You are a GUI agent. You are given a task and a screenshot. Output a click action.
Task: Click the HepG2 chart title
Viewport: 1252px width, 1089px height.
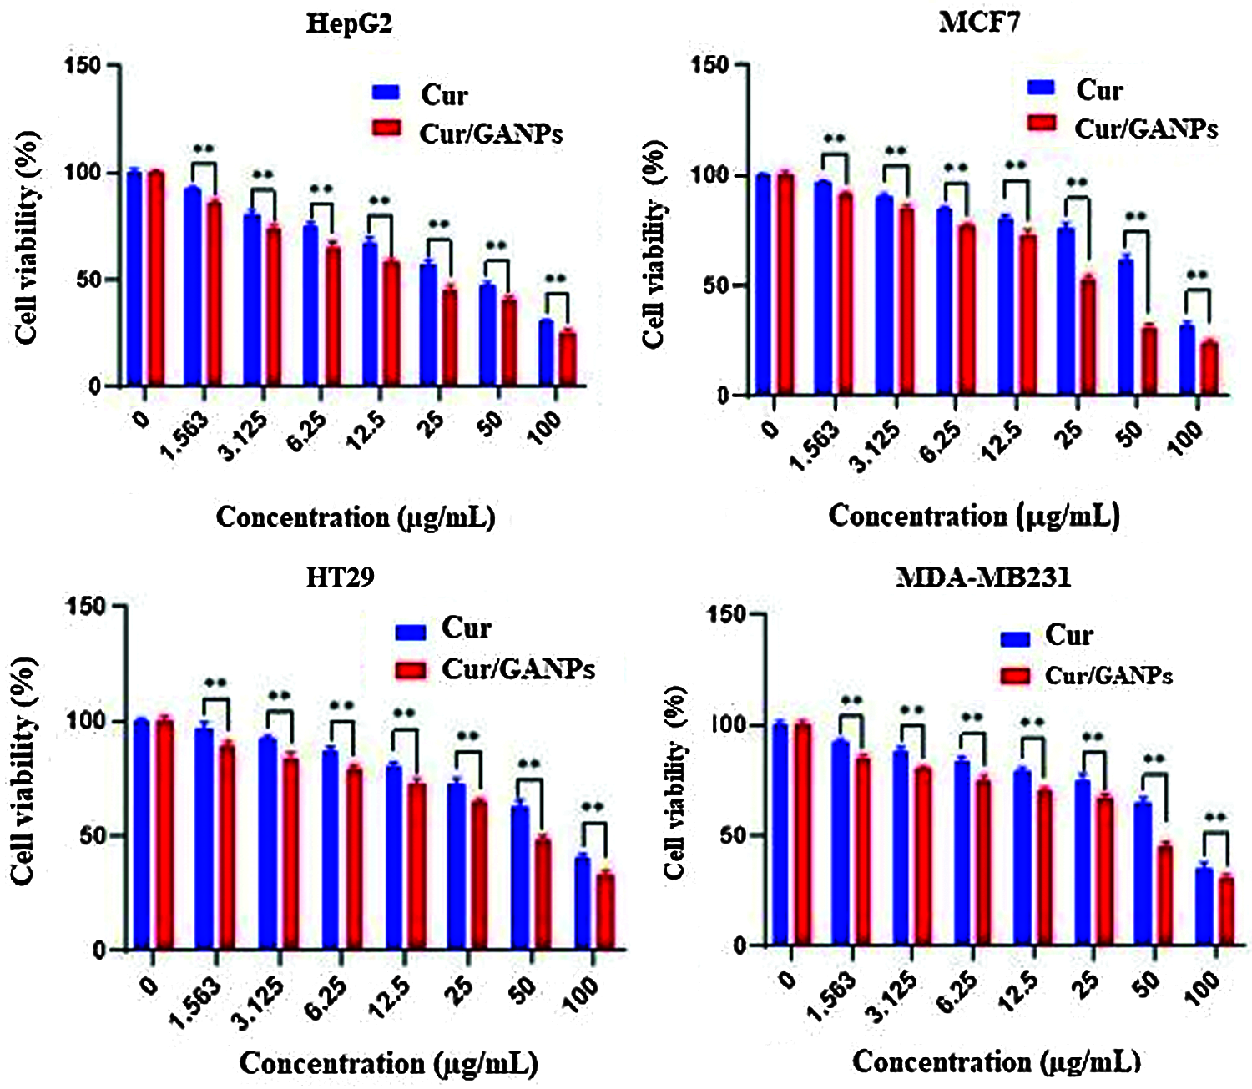coord(349,23)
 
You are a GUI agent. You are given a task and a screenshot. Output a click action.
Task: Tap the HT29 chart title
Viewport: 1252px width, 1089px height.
coord(340,577)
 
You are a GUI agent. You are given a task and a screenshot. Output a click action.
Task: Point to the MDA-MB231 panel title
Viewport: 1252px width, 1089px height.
coord(982,577)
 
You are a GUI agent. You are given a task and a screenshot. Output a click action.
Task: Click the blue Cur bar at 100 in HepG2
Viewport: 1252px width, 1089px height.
coord(546,353)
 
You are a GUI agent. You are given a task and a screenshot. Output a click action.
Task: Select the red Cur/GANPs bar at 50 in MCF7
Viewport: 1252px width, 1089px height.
coord(1149,360)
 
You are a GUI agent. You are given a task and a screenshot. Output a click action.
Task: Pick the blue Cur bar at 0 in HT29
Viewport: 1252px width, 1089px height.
coord(141,834)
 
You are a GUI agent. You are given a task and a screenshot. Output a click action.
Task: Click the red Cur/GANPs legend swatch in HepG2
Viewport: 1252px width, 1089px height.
coord(386,129)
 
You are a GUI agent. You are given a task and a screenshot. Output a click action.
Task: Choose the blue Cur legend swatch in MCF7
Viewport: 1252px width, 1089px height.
coord(1041,87)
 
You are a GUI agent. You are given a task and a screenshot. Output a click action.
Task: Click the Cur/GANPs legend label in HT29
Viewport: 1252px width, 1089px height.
coord(517,669)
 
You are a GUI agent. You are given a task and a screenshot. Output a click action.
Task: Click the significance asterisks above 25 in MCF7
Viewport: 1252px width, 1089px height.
coord(1077,182)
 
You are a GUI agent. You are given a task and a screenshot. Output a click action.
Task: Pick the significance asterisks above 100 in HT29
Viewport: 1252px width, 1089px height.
coord(592,807)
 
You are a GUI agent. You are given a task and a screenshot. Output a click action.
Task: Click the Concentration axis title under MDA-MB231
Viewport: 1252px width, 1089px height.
coord(996,1062)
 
